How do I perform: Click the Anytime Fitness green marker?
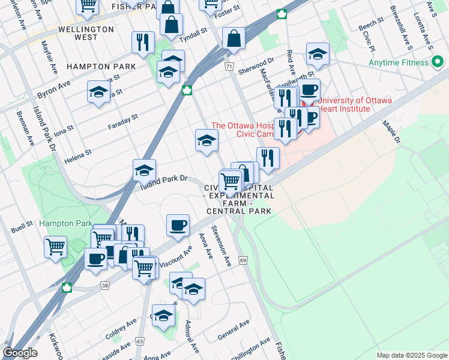(x=437, y=62)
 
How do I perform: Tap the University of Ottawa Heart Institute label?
(x=354, y=105)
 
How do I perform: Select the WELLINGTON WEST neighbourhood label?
(x=86, y=33)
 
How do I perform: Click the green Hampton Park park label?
(x=66, y=223)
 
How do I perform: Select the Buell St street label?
(x=21, y=229)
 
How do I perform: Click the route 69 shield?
(x=243, y=260)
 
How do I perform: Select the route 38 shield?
(x=105, y=286)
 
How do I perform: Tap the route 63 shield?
(x=140, y=341)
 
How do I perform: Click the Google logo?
(x=20, y=353)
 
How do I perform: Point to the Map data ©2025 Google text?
(x=411, y=355)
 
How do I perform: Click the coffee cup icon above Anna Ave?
(x=177, y=226)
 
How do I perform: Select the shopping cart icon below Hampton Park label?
(x=55, y=246)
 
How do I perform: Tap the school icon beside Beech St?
(x=318, y=54)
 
